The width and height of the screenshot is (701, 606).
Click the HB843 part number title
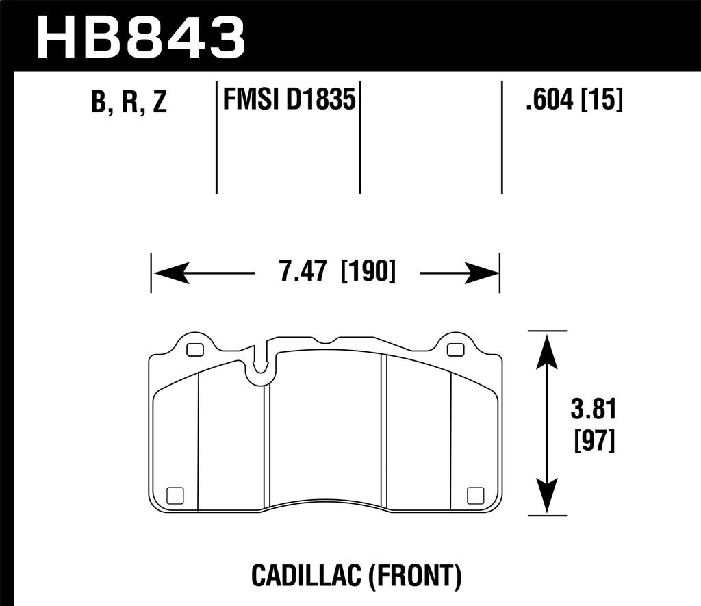pyautogui.click(x=140, y=36)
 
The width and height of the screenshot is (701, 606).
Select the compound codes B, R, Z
pyautogui.click(x=128, y=103)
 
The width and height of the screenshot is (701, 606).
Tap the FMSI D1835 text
pyautogui.click(x=288, y=101)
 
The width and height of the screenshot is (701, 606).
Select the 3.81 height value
pyautogui.click(x=593, y=411)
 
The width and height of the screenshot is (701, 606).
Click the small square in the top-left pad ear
pyautogui.click(x=194, y=350)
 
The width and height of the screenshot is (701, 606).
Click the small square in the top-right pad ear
pyautogui.click(x=454, y=350)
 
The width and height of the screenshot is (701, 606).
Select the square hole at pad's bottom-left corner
pyautogui.click(x=175, y=494)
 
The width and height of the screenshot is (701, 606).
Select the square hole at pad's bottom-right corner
pyautogui.click(x=473, y=494)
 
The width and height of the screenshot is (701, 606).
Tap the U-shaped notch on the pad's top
pyautogui.click(x=260, y=366)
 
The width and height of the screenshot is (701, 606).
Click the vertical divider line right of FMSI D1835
pyautogui.click(x=360, y=137)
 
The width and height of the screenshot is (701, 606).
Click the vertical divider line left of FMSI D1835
pyautogui.click(x=216, y=137)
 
